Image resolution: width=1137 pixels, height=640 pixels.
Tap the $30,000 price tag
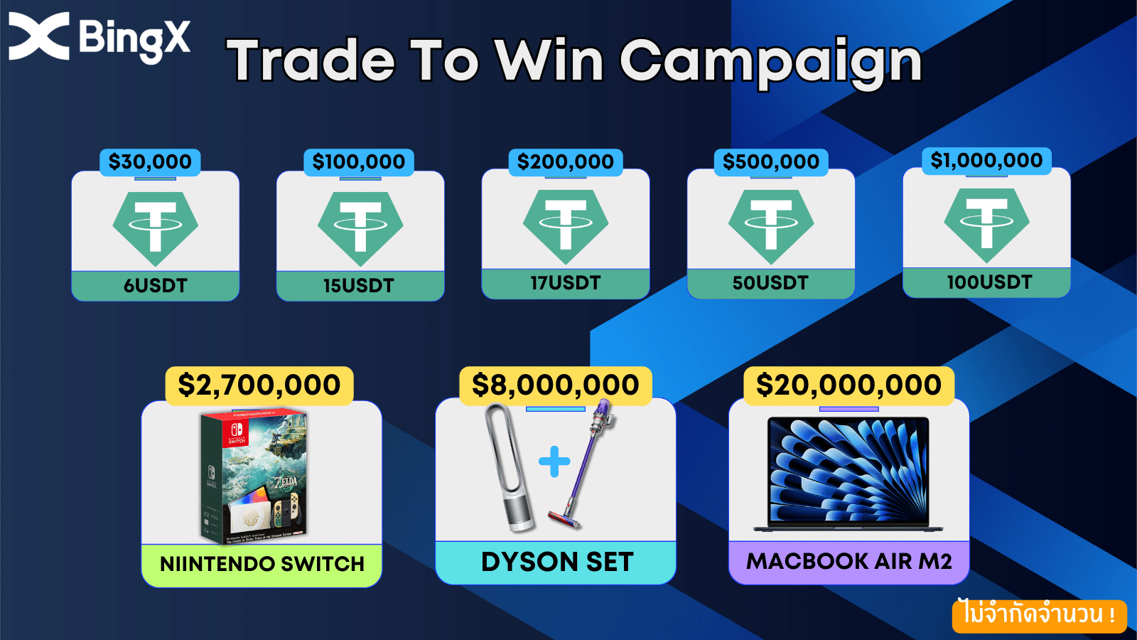150,162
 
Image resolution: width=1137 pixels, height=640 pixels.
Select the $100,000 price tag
359,162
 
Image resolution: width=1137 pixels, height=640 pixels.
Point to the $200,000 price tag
566,162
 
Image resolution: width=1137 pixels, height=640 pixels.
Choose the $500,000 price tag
771,162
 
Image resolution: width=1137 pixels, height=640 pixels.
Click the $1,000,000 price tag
986,161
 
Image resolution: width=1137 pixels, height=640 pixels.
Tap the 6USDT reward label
156,285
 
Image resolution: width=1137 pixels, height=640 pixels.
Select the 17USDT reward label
566,284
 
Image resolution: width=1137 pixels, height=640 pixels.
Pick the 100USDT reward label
987,282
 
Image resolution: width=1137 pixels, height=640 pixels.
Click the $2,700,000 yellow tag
259,385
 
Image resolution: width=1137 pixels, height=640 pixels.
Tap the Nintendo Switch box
254,476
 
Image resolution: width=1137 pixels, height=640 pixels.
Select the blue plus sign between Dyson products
554,462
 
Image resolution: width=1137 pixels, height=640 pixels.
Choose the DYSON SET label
557,562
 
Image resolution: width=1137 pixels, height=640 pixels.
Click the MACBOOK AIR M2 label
848,562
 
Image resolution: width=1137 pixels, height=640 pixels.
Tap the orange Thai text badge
1039,615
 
